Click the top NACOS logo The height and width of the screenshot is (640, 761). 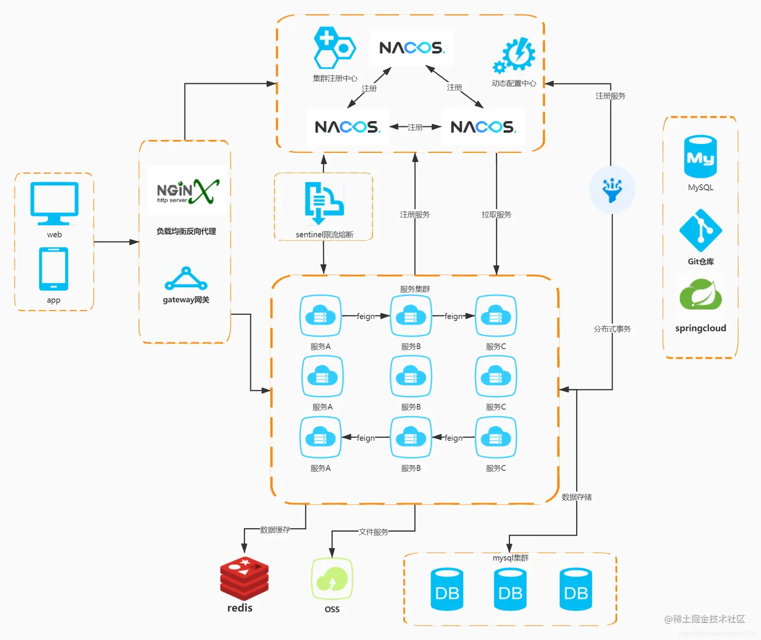pos(411,47)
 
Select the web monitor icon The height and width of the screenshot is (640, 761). pos(54,203)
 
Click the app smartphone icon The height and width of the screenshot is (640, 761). pos(54,269)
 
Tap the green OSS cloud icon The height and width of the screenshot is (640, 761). pos(332,579)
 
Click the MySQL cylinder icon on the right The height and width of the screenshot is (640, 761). pos(700,156)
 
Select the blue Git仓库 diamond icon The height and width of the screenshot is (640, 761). pos(701,230)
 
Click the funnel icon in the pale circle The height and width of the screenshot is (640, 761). pos(612,190)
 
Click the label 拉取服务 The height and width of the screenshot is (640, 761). pos(496,215)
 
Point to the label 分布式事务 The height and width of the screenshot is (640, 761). pos(612,329)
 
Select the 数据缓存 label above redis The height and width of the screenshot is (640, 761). pos(275,530)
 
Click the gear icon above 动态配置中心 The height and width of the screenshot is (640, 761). pos(514,55)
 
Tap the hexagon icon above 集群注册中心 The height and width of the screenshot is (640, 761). pos(334,48)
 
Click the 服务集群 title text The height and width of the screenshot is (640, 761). pos(415,289)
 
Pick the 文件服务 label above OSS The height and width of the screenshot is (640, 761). pos(373,532)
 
